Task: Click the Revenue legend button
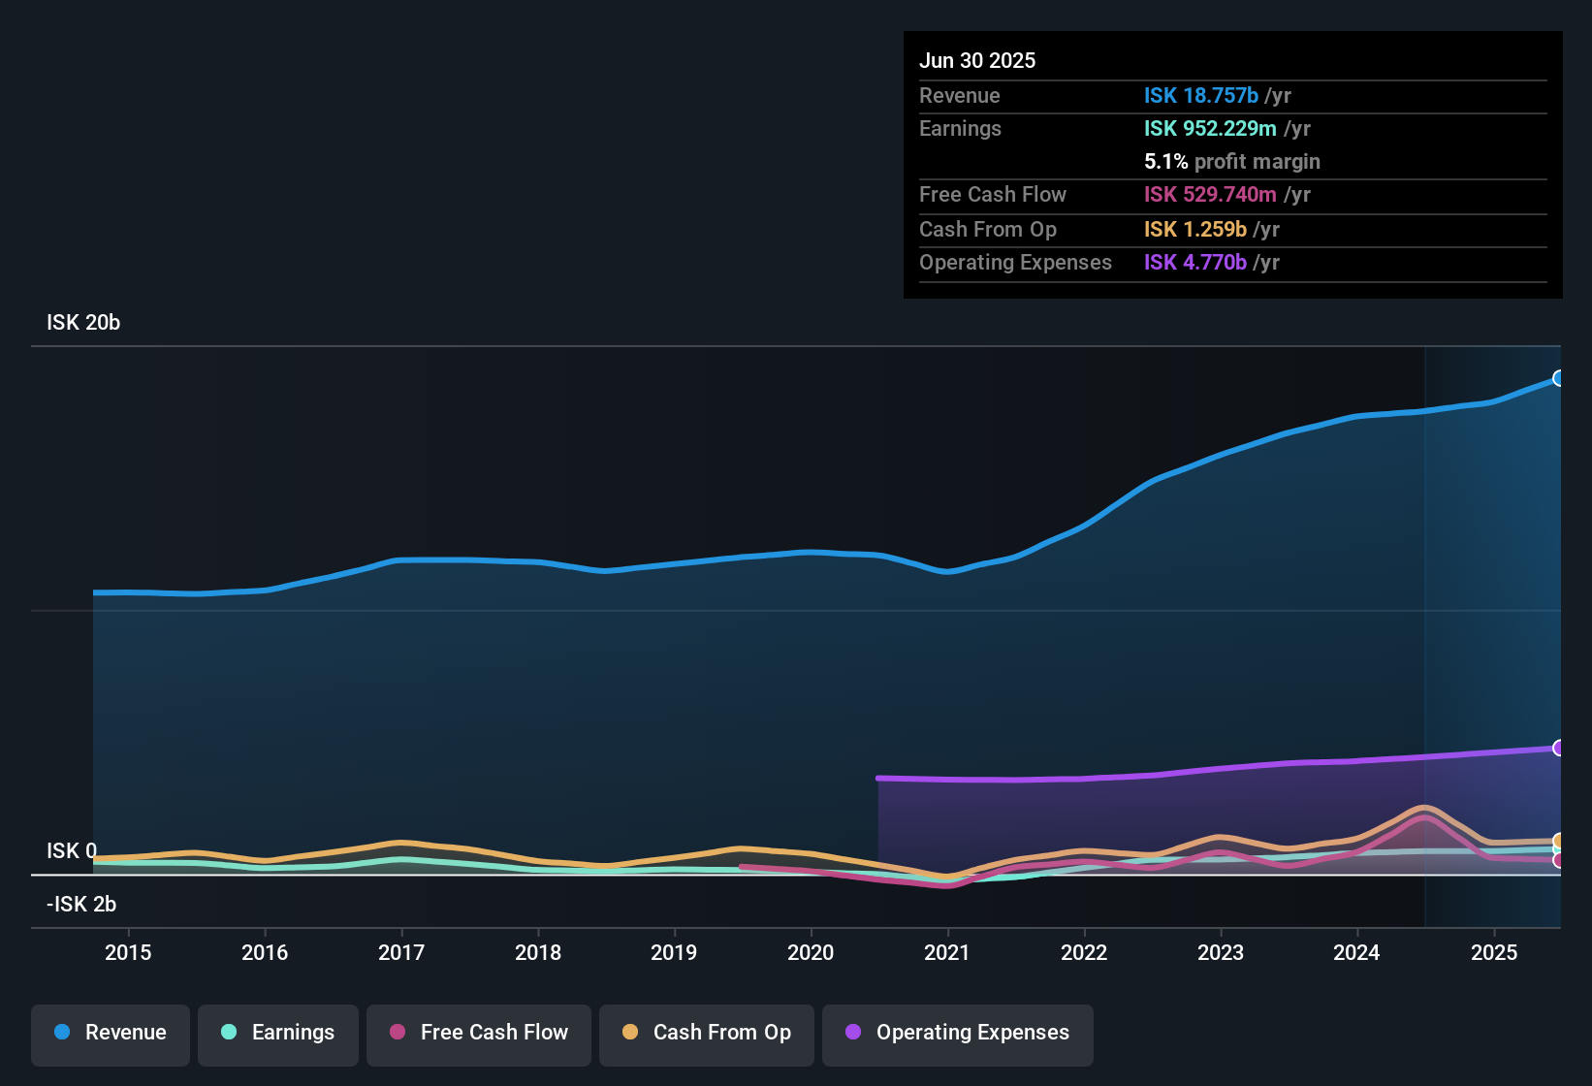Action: click(x=111, y=1033)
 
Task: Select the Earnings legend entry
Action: click(x=278, y=1033)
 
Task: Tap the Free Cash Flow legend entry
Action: click(x=479, y=1033)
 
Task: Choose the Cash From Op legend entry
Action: click(x=707, y=1033)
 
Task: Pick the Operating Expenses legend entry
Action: click(x=958, y=1033)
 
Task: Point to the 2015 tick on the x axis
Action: click(x=128, y=952)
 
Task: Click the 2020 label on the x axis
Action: click(x=811, y=952)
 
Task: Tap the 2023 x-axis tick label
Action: click(x=1220, y=952)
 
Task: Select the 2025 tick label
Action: click(x=1493, y=952)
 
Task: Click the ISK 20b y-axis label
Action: click(x=83, y=323)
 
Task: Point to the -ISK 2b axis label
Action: click(x=81, y=905)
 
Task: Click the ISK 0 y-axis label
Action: click(x=72, y=851)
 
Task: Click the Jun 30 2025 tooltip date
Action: click(x=977, y=61)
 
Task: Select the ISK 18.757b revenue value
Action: click(x=1200, y=96)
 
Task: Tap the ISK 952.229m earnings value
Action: click(x=1210, y=129)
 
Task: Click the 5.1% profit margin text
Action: click(x=1231, y=162)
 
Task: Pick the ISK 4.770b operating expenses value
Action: click(x=1194, y=263)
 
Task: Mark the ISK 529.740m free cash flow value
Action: click(x=1210, y=195)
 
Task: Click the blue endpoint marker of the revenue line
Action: click(x=1558, y=378)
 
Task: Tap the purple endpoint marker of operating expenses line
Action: click(x=1558, y=748)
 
